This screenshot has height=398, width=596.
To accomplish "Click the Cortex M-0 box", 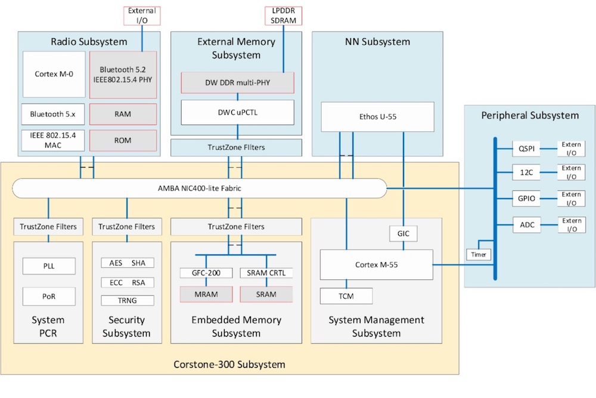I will click(54, 75).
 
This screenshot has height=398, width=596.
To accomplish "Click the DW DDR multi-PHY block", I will click(238, 83).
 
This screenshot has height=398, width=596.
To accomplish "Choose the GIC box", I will click(403, 234).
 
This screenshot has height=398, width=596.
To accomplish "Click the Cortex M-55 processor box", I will click(376, 264).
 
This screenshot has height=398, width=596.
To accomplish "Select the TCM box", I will click(346, 295).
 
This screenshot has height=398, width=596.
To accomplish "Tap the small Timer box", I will click(478, 254).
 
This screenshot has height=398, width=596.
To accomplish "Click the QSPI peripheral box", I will click(525, 149).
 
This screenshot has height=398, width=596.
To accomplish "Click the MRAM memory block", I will click(206, 294).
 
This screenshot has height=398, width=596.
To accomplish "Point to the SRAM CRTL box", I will click(266, 273).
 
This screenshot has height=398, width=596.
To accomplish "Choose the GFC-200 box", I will click(206, 273).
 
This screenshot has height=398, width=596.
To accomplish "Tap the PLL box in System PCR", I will click(49, 266).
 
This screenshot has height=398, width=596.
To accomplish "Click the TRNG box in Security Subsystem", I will click(127, 300).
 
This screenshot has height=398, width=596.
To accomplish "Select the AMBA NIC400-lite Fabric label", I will click(200, 189).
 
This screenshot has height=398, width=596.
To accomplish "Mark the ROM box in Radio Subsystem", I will click(123, 140).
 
